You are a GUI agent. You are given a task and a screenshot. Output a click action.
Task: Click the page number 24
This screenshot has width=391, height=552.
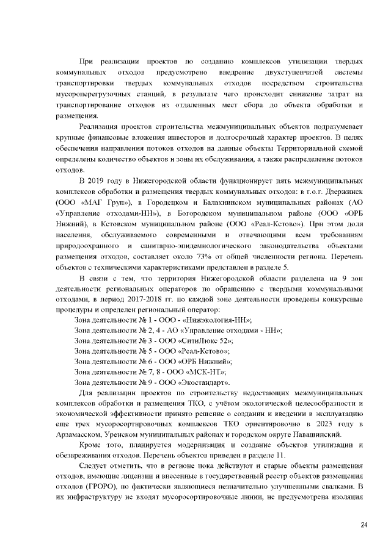(365, 525)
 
